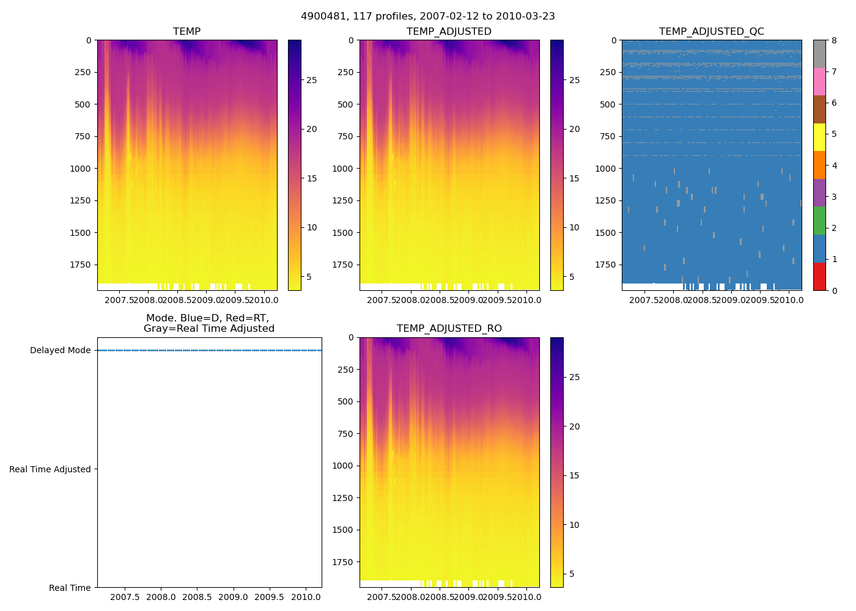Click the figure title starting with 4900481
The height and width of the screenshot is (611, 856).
point(427,16)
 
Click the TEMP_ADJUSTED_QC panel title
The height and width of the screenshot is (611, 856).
point(711,32)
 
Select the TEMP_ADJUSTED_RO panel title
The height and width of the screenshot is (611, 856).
point(449,329)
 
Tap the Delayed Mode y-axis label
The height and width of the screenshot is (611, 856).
point(60,351)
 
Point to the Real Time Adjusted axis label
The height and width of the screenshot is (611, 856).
point(50,469)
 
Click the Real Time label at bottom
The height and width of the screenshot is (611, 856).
point(70,588)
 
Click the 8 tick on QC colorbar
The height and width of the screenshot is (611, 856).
point(834,40)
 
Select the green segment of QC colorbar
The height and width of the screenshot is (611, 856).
point(819,221)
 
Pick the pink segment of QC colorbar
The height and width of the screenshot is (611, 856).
point(819,82)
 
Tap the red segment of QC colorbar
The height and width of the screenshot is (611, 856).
point(819,277)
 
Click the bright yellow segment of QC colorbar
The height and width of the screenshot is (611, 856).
point(819,137)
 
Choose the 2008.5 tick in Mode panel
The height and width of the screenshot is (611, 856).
point(197,597)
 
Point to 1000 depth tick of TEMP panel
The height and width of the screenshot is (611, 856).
point(81,169)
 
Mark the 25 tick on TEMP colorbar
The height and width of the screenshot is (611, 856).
point(311,80)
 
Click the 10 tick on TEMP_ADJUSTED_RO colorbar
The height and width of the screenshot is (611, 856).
point(574,525)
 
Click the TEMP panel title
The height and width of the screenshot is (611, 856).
point(186,32)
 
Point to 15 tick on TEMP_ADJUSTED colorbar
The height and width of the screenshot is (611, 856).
point(574,178)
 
